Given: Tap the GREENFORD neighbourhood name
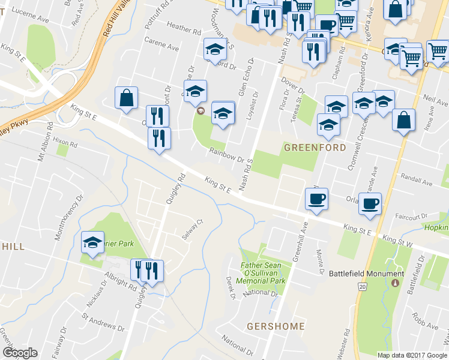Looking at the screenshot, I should click(315, 147).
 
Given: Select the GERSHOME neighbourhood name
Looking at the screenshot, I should click(276, 326).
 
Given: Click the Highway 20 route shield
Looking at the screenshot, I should click(362, 287).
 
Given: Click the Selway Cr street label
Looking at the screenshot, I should click(190, 229).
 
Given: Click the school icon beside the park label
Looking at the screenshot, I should click(92, 242).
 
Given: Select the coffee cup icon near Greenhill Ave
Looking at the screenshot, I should click(316, 198).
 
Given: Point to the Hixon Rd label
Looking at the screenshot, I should click(65, 141).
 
